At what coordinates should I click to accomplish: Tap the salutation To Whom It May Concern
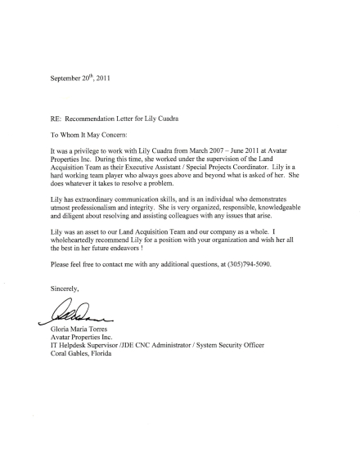(x=90, y=133)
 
